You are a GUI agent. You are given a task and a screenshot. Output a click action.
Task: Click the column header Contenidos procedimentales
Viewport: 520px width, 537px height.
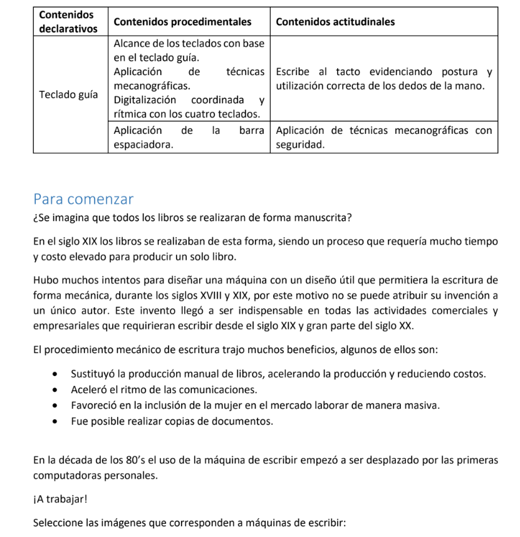[182, 22]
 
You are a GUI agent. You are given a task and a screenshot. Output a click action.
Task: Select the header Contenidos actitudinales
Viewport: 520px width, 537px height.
[335, 22]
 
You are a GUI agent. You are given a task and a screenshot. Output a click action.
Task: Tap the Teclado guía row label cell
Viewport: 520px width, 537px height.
[68, 95]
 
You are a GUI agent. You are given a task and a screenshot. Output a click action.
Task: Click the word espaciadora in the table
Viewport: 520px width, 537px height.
[143, 145]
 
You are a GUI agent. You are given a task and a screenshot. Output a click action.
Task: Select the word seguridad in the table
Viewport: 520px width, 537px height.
[300, 145]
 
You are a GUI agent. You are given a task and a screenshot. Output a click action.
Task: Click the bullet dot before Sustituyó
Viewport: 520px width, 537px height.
[58, 374]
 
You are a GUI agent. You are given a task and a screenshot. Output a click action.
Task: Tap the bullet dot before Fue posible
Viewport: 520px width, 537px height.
[58, 421]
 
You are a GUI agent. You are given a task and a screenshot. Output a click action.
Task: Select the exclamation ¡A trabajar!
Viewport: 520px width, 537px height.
[57, 499]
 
